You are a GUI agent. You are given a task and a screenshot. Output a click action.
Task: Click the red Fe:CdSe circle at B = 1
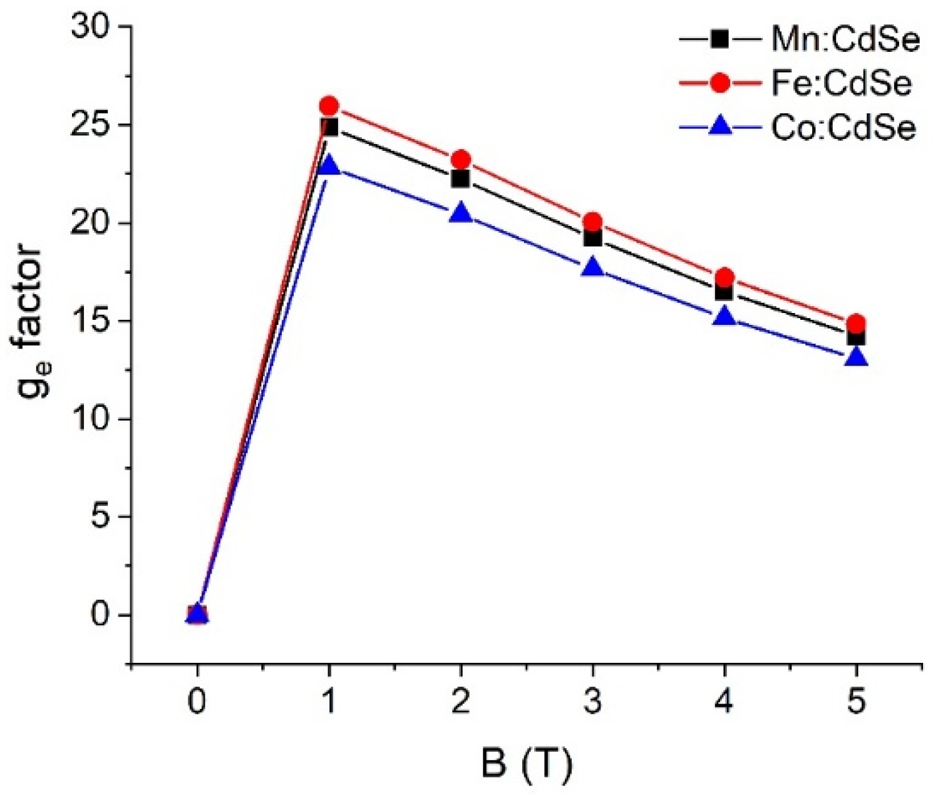pyautogui.click(x=329, y=106)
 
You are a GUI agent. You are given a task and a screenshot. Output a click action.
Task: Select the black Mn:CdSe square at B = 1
pyautogui.click(x=329, y=127)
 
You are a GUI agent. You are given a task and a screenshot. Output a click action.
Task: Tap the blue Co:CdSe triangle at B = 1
pyautogui.click(x=329, y=166)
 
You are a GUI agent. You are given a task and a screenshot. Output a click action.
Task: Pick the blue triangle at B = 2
pyautogui.click(x=461, y=213)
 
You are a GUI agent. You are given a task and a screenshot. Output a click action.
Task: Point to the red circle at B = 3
pyautogui.click(x=593, y=222)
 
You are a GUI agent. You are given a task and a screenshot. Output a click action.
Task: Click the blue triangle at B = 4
pyautogui.click(x=725, y=317)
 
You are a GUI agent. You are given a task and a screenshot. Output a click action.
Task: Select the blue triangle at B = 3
pyautogui.click(x=593, y=268)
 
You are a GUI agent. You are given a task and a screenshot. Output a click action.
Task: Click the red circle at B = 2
pyautogui.click(x=461, y=159)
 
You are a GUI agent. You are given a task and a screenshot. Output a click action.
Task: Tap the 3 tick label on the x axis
pyautogui.click(x=593, y=702)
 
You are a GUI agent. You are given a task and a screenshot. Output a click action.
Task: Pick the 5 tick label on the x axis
pyautogui.click(x=857, y=702)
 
